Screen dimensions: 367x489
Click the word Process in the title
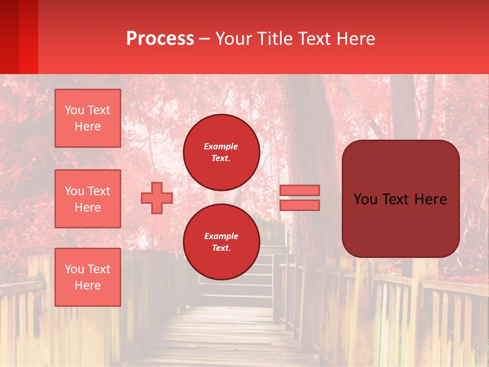tap(160, 39)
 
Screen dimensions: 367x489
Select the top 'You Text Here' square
tap(88, 118)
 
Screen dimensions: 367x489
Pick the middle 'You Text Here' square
tap(88, 199)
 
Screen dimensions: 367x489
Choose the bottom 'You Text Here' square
tap(88, 277)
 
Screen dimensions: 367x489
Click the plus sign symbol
tap(157, 198)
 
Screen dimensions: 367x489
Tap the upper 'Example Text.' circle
tap(222, 152)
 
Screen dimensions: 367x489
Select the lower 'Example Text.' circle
tap(222, 242)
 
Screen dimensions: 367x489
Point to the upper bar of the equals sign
tap(300, 190)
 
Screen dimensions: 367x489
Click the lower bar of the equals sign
tap(300, 205)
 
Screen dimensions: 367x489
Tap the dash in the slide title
tap(205, 39)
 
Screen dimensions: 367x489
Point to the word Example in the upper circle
tap(221, 146)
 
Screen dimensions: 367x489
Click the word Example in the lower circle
tap(221, 236)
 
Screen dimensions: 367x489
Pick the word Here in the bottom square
tap(88, 285)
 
